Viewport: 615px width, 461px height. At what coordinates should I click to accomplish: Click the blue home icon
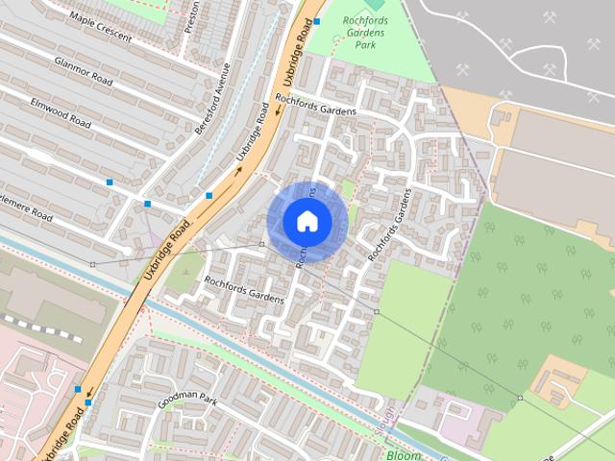(307, 222)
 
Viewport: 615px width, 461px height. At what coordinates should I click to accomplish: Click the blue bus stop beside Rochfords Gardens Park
(317, 20)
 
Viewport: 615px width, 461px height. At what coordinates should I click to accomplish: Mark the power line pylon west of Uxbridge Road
(92, 264)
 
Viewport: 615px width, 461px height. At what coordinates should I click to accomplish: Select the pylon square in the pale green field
(377, 312)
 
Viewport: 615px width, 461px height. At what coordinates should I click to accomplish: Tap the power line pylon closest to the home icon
(261, 245)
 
